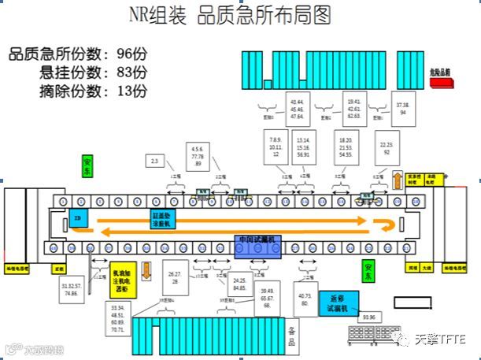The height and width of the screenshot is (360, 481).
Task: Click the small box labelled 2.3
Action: [155, 161]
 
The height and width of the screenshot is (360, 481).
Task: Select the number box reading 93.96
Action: [368, 317]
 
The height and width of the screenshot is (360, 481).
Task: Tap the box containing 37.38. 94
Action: [404, 109]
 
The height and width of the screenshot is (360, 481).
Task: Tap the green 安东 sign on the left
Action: [87, 166]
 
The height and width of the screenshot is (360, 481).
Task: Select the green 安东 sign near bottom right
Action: [368, 272]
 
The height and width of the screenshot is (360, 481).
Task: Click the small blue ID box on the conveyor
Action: [79, 218]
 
